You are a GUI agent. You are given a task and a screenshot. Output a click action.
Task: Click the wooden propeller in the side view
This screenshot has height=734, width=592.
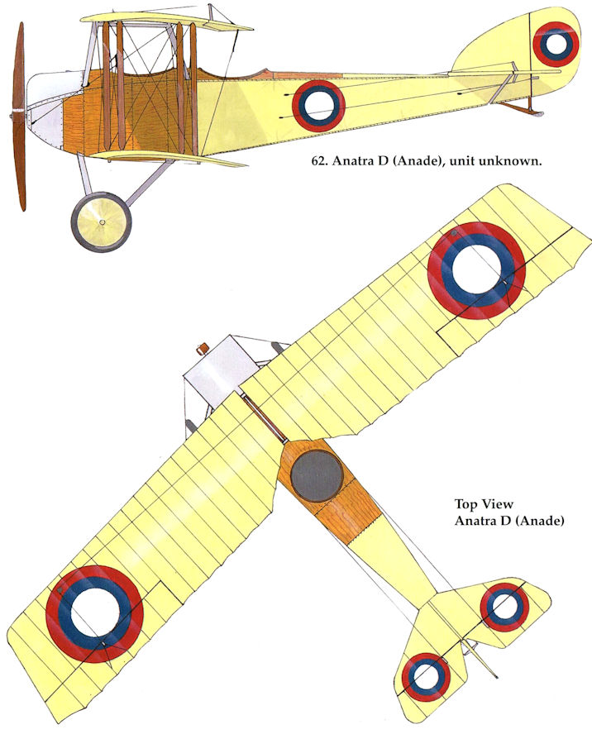pyautogui.click(x=18, y=116)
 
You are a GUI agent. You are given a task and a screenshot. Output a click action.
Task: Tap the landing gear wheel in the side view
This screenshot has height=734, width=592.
pyautogui.click(x=101, y=222)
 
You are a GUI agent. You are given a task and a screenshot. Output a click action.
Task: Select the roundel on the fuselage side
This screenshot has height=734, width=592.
pyautogui.click(x=320, y=103)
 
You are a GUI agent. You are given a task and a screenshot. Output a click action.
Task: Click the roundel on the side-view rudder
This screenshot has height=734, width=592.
pyautogui.click(x=555, y=43)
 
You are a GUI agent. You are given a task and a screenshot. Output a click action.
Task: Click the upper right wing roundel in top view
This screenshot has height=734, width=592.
pyautogui.click(x=476, y=270)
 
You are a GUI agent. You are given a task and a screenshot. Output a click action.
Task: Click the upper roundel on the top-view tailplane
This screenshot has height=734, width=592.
pyautogui.click(x=504, y=607)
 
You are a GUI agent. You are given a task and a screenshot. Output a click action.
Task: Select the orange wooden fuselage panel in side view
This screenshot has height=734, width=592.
pyautogui.click(x=83, y=124)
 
